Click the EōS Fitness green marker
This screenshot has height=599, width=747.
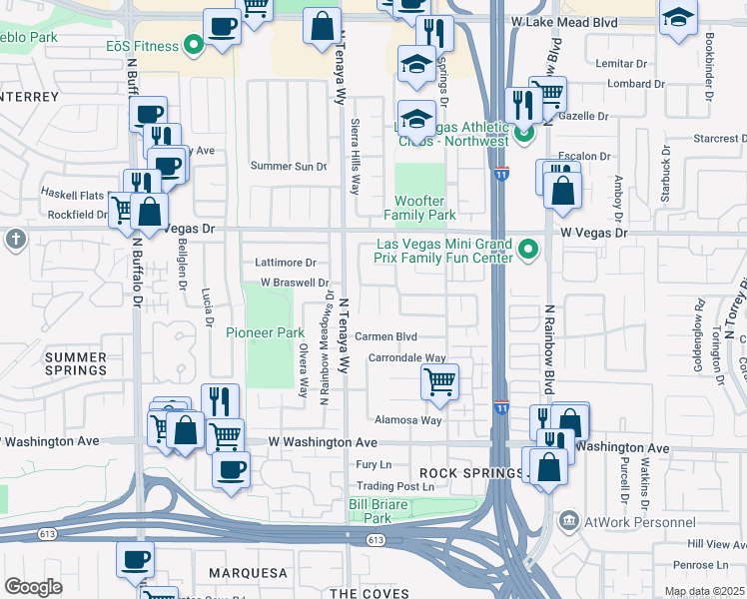pyautogui.click(x=193, y=45)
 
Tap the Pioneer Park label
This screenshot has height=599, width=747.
pyautogui.click(x=265, y=332)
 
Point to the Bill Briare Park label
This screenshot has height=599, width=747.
pyautogui.click(x=377, y=511)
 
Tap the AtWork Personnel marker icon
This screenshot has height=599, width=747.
pyautogui.click(x=568, y=521)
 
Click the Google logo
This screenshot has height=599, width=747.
pyautogui.click(x=33, y=587)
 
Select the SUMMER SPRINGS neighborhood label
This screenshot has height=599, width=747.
pyautogui.click(x=75, y=362)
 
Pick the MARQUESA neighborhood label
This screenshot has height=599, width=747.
pyautogui.click(x=247, y=573)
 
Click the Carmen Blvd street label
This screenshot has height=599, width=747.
pyautogui.click(x=385, y=337)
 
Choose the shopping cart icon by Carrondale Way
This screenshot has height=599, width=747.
pyautogui.click(x=439, y=380)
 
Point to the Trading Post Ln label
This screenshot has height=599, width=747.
pyautogui.click(x=396, y=487)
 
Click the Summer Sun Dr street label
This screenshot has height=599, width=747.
pyautogui.click(x=288, y=166)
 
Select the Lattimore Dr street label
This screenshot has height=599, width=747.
pyautogui.click(x=284, y=263)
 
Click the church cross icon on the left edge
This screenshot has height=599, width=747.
pyautogui.click(x=14, y=239)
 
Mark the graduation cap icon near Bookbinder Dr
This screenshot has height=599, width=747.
pyautogui.click(x=678, y=17)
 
